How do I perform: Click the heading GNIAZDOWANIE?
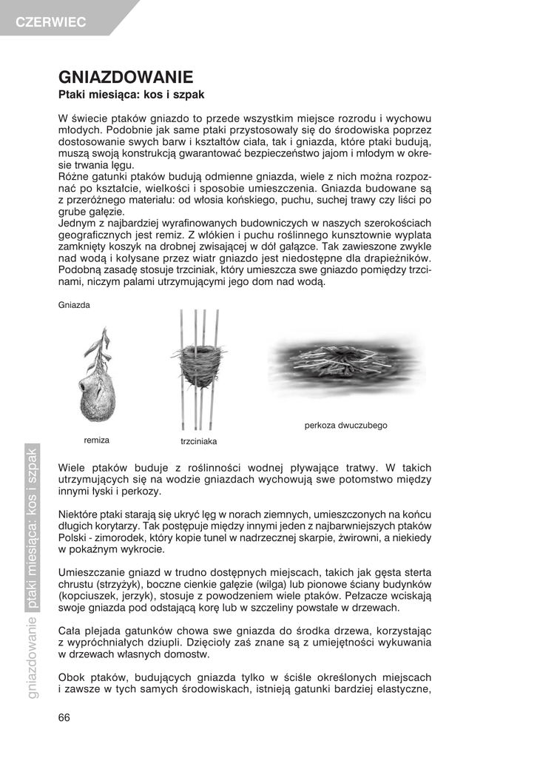(126, 77)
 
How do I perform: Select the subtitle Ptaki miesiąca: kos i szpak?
(131, 95)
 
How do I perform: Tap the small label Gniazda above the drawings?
(74, 304)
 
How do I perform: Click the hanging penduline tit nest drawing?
(95, 378)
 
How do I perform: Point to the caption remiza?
(96, 440)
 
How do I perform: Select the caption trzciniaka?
(198, 441)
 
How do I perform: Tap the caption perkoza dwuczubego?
(345, 426)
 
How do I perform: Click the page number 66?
(64, 717)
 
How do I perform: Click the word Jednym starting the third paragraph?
(77, 223)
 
